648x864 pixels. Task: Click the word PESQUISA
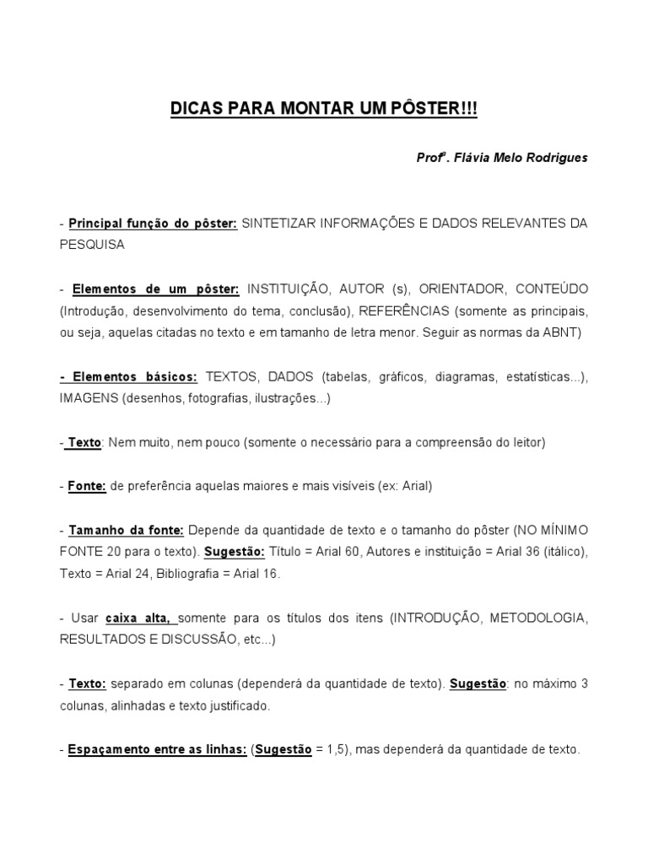pos(92,245)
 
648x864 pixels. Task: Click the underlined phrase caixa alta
pos(141,618)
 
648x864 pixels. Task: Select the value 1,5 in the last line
pos(337,749)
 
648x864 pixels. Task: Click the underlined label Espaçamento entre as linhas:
pos(157,749)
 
